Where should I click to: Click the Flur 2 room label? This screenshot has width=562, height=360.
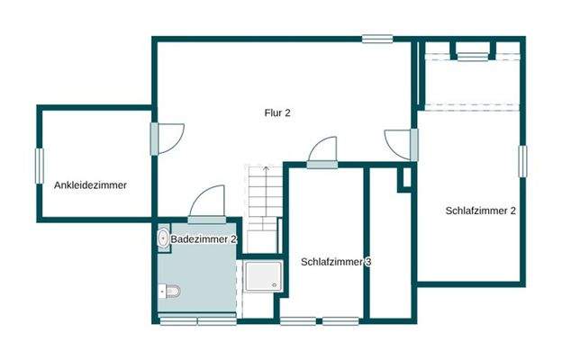point(277,113)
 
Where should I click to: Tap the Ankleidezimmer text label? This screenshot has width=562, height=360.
point(89,185)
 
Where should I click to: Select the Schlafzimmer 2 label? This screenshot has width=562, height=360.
point(481,211)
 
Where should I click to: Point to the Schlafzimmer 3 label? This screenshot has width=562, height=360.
point(337,262)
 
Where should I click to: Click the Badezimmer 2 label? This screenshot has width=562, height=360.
point(204,239)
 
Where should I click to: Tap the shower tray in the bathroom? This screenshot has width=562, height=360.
point(262,278)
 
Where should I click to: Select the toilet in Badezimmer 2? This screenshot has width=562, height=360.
point(169,291)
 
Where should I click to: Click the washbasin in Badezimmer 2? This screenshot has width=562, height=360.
point(162,238)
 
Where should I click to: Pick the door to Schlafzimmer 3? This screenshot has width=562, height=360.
point(322,153)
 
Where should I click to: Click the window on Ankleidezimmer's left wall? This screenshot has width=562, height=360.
point(40,166)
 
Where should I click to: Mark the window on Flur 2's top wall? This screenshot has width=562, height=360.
point(378,39)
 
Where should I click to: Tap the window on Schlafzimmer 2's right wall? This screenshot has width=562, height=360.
point(521,158)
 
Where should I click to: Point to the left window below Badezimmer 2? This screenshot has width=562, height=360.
point(177,320)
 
